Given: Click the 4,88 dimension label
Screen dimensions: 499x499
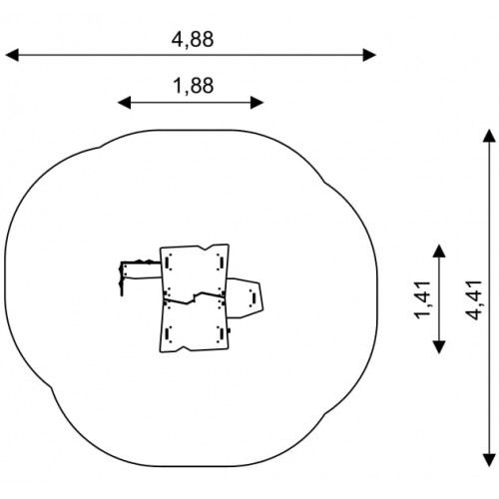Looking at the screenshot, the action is pyautogui.click(x=193, y=40).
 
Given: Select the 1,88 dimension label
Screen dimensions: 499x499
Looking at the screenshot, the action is pyautogui.click(x=194, y=86).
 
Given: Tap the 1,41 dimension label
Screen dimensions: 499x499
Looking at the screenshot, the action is pyautogui.click(x=423, y=299).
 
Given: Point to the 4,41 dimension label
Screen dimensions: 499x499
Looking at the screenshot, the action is pyautogui.click(x=474, y=300).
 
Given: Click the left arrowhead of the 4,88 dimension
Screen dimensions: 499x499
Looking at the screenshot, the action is pyautogui.click(x=12, y=55).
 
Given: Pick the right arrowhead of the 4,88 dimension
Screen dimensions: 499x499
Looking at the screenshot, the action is pyautogui.click(x=369, y=55).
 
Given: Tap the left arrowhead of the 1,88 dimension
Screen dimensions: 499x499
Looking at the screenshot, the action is pyautogui.click(x=124, y=103).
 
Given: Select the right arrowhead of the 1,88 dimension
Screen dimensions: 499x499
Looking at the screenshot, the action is pyautogui.click(x=257, y=103).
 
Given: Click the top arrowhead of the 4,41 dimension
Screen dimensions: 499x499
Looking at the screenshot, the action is pyautogui.click(x=489, y=136).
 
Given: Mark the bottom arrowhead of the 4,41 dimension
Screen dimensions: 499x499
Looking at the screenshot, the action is pyautogui.click(x=489, y=460).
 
